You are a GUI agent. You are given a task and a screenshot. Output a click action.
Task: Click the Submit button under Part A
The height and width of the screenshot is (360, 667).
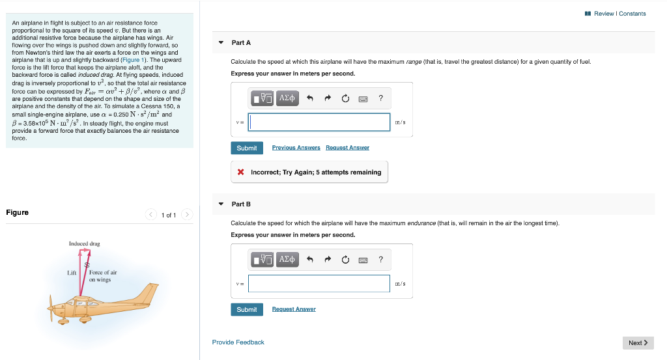[246, 148]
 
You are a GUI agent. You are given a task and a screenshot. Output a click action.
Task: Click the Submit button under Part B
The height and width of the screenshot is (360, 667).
[246, 309]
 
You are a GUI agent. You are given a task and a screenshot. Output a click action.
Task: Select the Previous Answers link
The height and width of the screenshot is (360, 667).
[296, 148]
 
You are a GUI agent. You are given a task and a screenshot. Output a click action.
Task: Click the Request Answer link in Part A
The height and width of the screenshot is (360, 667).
[347, 148]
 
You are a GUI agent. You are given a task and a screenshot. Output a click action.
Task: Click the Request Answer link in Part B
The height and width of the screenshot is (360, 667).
[294, 309]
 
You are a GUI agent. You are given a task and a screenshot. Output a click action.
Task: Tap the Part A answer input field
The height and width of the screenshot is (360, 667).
[319, 122]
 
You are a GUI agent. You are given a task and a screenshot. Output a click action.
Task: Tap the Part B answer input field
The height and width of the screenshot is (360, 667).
[319, 283]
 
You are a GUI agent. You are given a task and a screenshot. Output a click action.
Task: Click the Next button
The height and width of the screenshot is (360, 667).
[638, 342]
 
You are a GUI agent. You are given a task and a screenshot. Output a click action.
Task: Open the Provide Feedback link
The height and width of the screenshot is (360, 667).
[238, 342]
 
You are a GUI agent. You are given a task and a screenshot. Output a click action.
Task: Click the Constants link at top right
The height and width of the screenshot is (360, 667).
[632, 14]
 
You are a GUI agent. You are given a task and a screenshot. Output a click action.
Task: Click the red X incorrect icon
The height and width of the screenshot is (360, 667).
[241, 173]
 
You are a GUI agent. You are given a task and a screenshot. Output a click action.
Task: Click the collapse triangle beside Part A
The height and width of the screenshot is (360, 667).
[221, 43]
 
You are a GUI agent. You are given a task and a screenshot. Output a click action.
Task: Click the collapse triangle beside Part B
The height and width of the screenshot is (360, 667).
[221, 204]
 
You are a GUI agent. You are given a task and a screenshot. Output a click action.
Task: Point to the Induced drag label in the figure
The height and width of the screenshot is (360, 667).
[85, 243]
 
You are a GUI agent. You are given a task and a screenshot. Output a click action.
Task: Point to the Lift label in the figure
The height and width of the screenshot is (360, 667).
[72, 273]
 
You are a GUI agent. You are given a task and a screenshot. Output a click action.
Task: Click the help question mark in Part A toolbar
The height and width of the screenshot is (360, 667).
[381, 98]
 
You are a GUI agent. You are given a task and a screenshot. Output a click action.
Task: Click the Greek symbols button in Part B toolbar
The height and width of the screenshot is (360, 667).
[287, 260]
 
